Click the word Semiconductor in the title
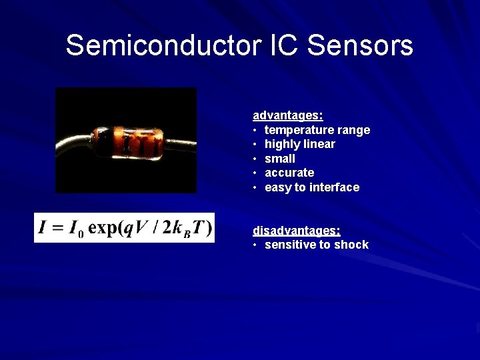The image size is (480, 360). (x=157, y=46)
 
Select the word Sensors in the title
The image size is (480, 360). (x=361, y=46)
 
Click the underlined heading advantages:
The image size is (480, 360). (x=287, y=116)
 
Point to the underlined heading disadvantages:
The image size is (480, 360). (x=296, y=231)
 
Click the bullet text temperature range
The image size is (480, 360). (x=317, y=130)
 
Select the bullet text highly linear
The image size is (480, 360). (x=299, y=144)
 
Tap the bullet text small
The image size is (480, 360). (x=279, y=159)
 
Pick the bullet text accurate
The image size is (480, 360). (x=289, y=173)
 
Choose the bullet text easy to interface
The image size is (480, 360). (x=311, y=187)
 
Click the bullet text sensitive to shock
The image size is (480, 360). (x=316, y=245)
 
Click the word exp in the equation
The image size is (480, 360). (x=103, y=228)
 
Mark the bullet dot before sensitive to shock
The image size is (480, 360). (x=255, y=245)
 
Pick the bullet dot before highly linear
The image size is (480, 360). (x=255, y=144)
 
